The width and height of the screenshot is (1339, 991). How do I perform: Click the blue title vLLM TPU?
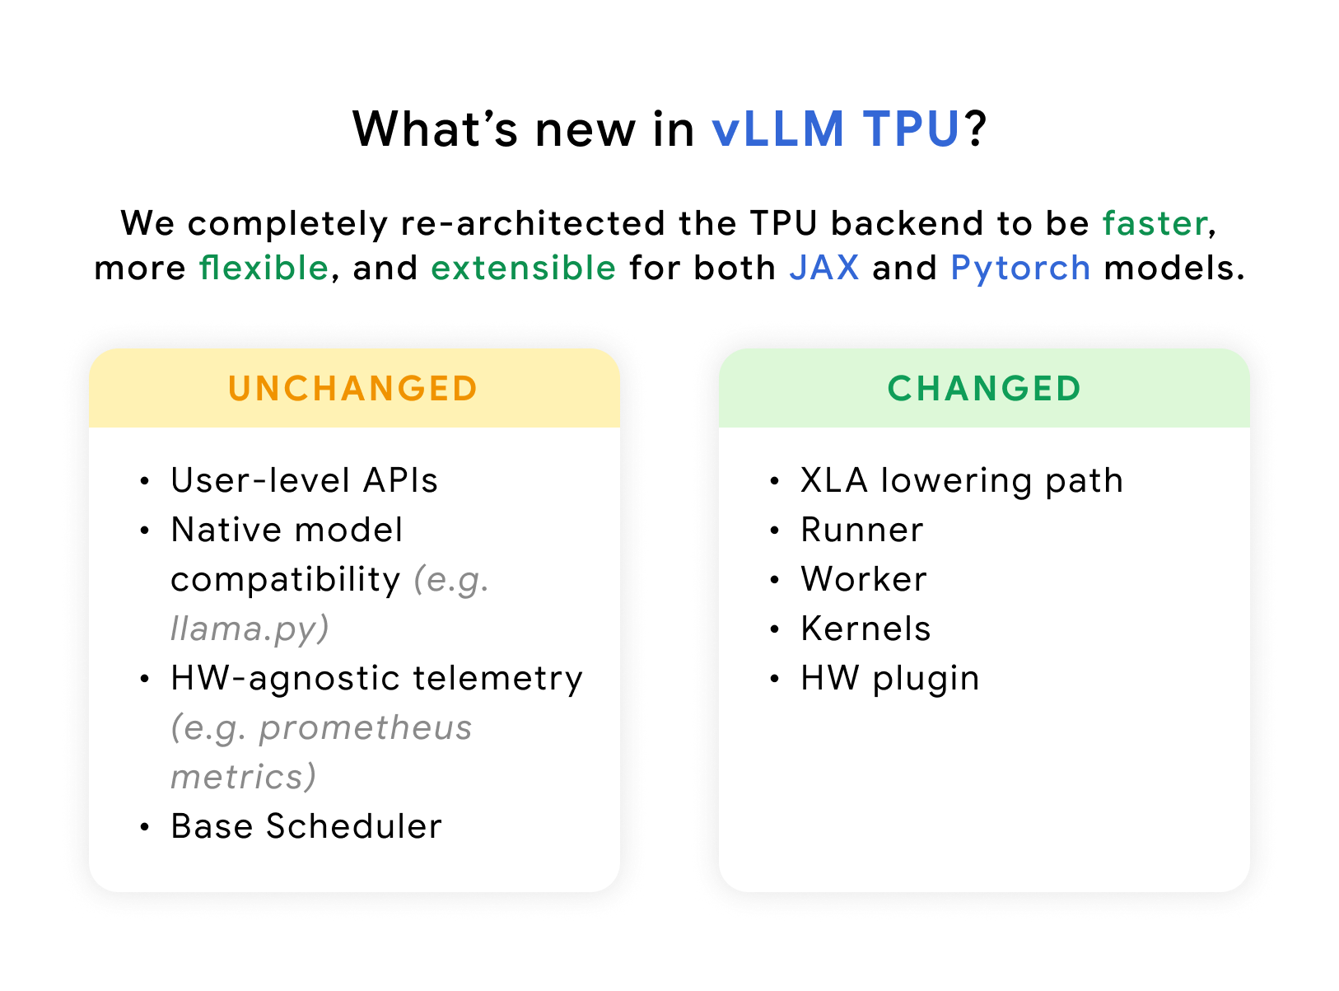coord(835,130)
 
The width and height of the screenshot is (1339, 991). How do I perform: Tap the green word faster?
coord(1155,223)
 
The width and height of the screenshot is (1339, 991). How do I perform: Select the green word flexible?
coord(264,268)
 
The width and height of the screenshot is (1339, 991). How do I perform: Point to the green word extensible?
coord(524,268)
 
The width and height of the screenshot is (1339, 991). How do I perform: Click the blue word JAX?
coord(823,268)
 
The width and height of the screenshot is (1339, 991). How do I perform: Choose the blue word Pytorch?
coord(1020,269)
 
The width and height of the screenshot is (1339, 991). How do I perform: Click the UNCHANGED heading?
coord(353,389)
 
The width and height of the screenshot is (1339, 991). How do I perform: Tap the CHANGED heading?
coord(984,389)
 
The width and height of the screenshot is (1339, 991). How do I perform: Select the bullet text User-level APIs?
coord(304,480)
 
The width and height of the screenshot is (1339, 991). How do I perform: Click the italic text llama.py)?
coord(250,629)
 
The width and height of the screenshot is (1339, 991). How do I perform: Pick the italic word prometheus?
coord(366,727)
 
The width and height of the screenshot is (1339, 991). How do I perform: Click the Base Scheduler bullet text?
coord(306,826)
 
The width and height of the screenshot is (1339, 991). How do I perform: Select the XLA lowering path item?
coord(962,480)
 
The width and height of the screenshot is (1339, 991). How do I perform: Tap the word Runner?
coord(862,530)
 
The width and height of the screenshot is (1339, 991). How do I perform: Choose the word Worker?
coord(864,579)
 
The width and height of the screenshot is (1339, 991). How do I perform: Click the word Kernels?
coord(865,629)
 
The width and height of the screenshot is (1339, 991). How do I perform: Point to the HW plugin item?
coord(890,678)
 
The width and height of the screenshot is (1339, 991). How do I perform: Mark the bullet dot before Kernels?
coord(774,629)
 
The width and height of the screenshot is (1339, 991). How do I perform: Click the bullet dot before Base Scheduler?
coord(145,827)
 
